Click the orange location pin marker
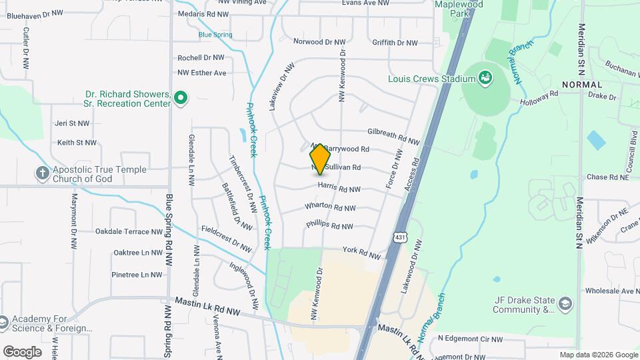[x=321, y=159]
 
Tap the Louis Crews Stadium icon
[x=486, y=79]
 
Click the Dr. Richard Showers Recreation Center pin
[x=179, y=99]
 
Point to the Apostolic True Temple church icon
[x=42, y=174]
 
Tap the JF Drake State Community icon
[x=566, y=304]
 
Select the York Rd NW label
[x=361, y=253]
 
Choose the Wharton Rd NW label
[x=330, y=207]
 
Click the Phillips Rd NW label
[x=329, y=226]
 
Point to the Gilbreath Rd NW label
[x=393, y=137]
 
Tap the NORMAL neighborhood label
[x=582, y=85]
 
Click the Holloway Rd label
[x=539, y=98]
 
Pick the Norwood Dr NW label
[x=320, y=41]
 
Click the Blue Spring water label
[x=215, y=34]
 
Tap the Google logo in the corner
[x=22, y=351]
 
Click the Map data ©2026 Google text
[x=598, y=355]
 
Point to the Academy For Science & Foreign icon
[x=3, y=323]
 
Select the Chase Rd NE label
[x=607, y=177]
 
